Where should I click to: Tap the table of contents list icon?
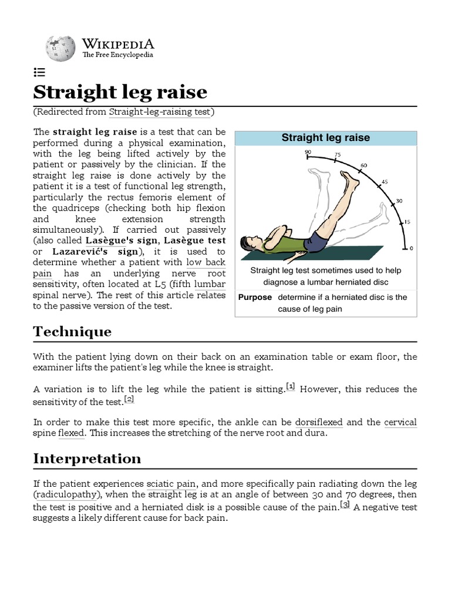[x=39, y=72]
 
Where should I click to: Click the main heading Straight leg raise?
[x=120, y=92]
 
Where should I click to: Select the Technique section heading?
[x=72, y=331]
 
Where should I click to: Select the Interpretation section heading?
[x=87, y=458]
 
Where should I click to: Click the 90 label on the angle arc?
[x=308, y=152]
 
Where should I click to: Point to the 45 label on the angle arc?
[x=385, y=182]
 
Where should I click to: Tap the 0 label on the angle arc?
[x=411, y=248]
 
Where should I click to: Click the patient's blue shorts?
[x=318, y=241]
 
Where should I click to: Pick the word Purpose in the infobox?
[x=255, y=297]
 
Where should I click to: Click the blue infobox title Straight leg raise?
[x=325, y=138]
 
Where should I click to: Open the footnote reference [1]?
[x=290, y=386]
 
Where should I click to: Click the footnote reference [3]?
[x=345, y=504]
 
